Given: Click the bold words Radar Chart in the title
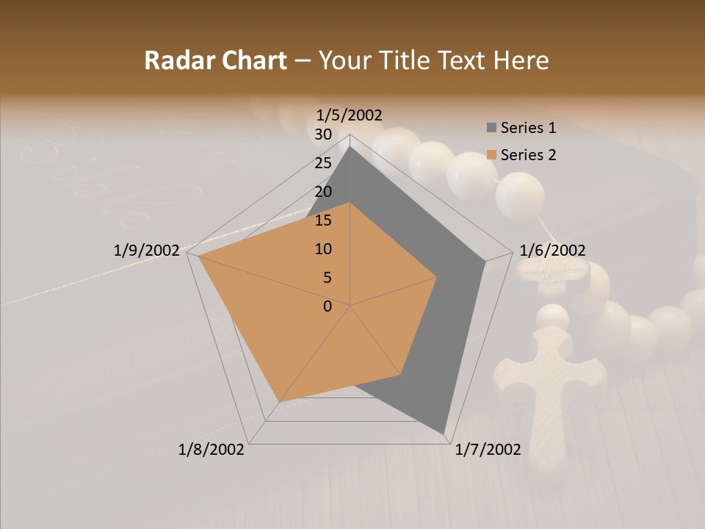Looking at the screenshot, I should point(215,60).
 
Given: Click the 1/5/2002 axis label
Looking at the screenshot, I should point(350,115).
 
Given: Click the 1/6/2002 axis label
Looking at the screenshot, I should point(552,251).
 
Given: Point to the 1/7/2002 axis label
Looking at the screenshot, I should point(488,450).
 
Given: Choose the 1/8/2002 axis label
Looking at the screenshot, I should point(211,450).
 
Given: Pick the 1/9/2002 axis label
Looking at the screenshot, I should point(147,251).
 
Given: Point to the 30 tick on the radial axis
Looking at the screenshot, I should point(323,134).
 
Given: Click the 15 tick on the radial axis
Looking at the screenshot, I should point(323,220).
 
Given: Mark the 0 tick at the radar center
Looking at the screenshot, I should point(328,306).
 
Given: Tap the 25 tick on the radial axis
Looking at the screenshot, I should point(323,163).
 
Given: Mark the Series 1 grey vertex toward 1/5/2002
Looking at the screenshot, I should point(350,145).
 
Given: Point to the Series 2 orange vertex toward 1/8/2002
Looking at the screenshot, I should point(280,402).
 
